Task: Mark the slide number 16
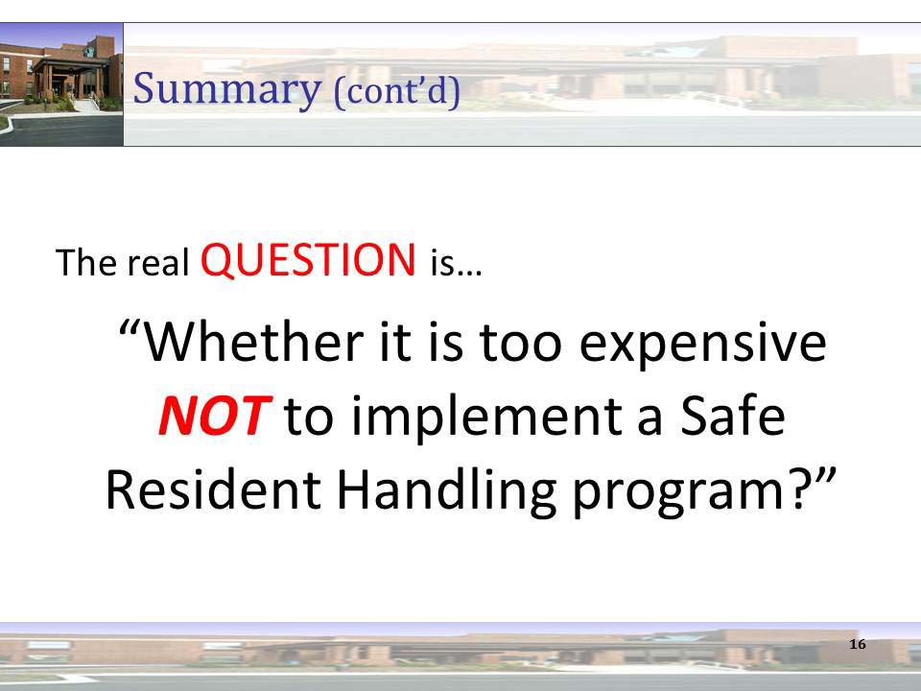click(x=858, y=644)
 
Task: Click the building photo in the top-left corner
click(x=61, y=84)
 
